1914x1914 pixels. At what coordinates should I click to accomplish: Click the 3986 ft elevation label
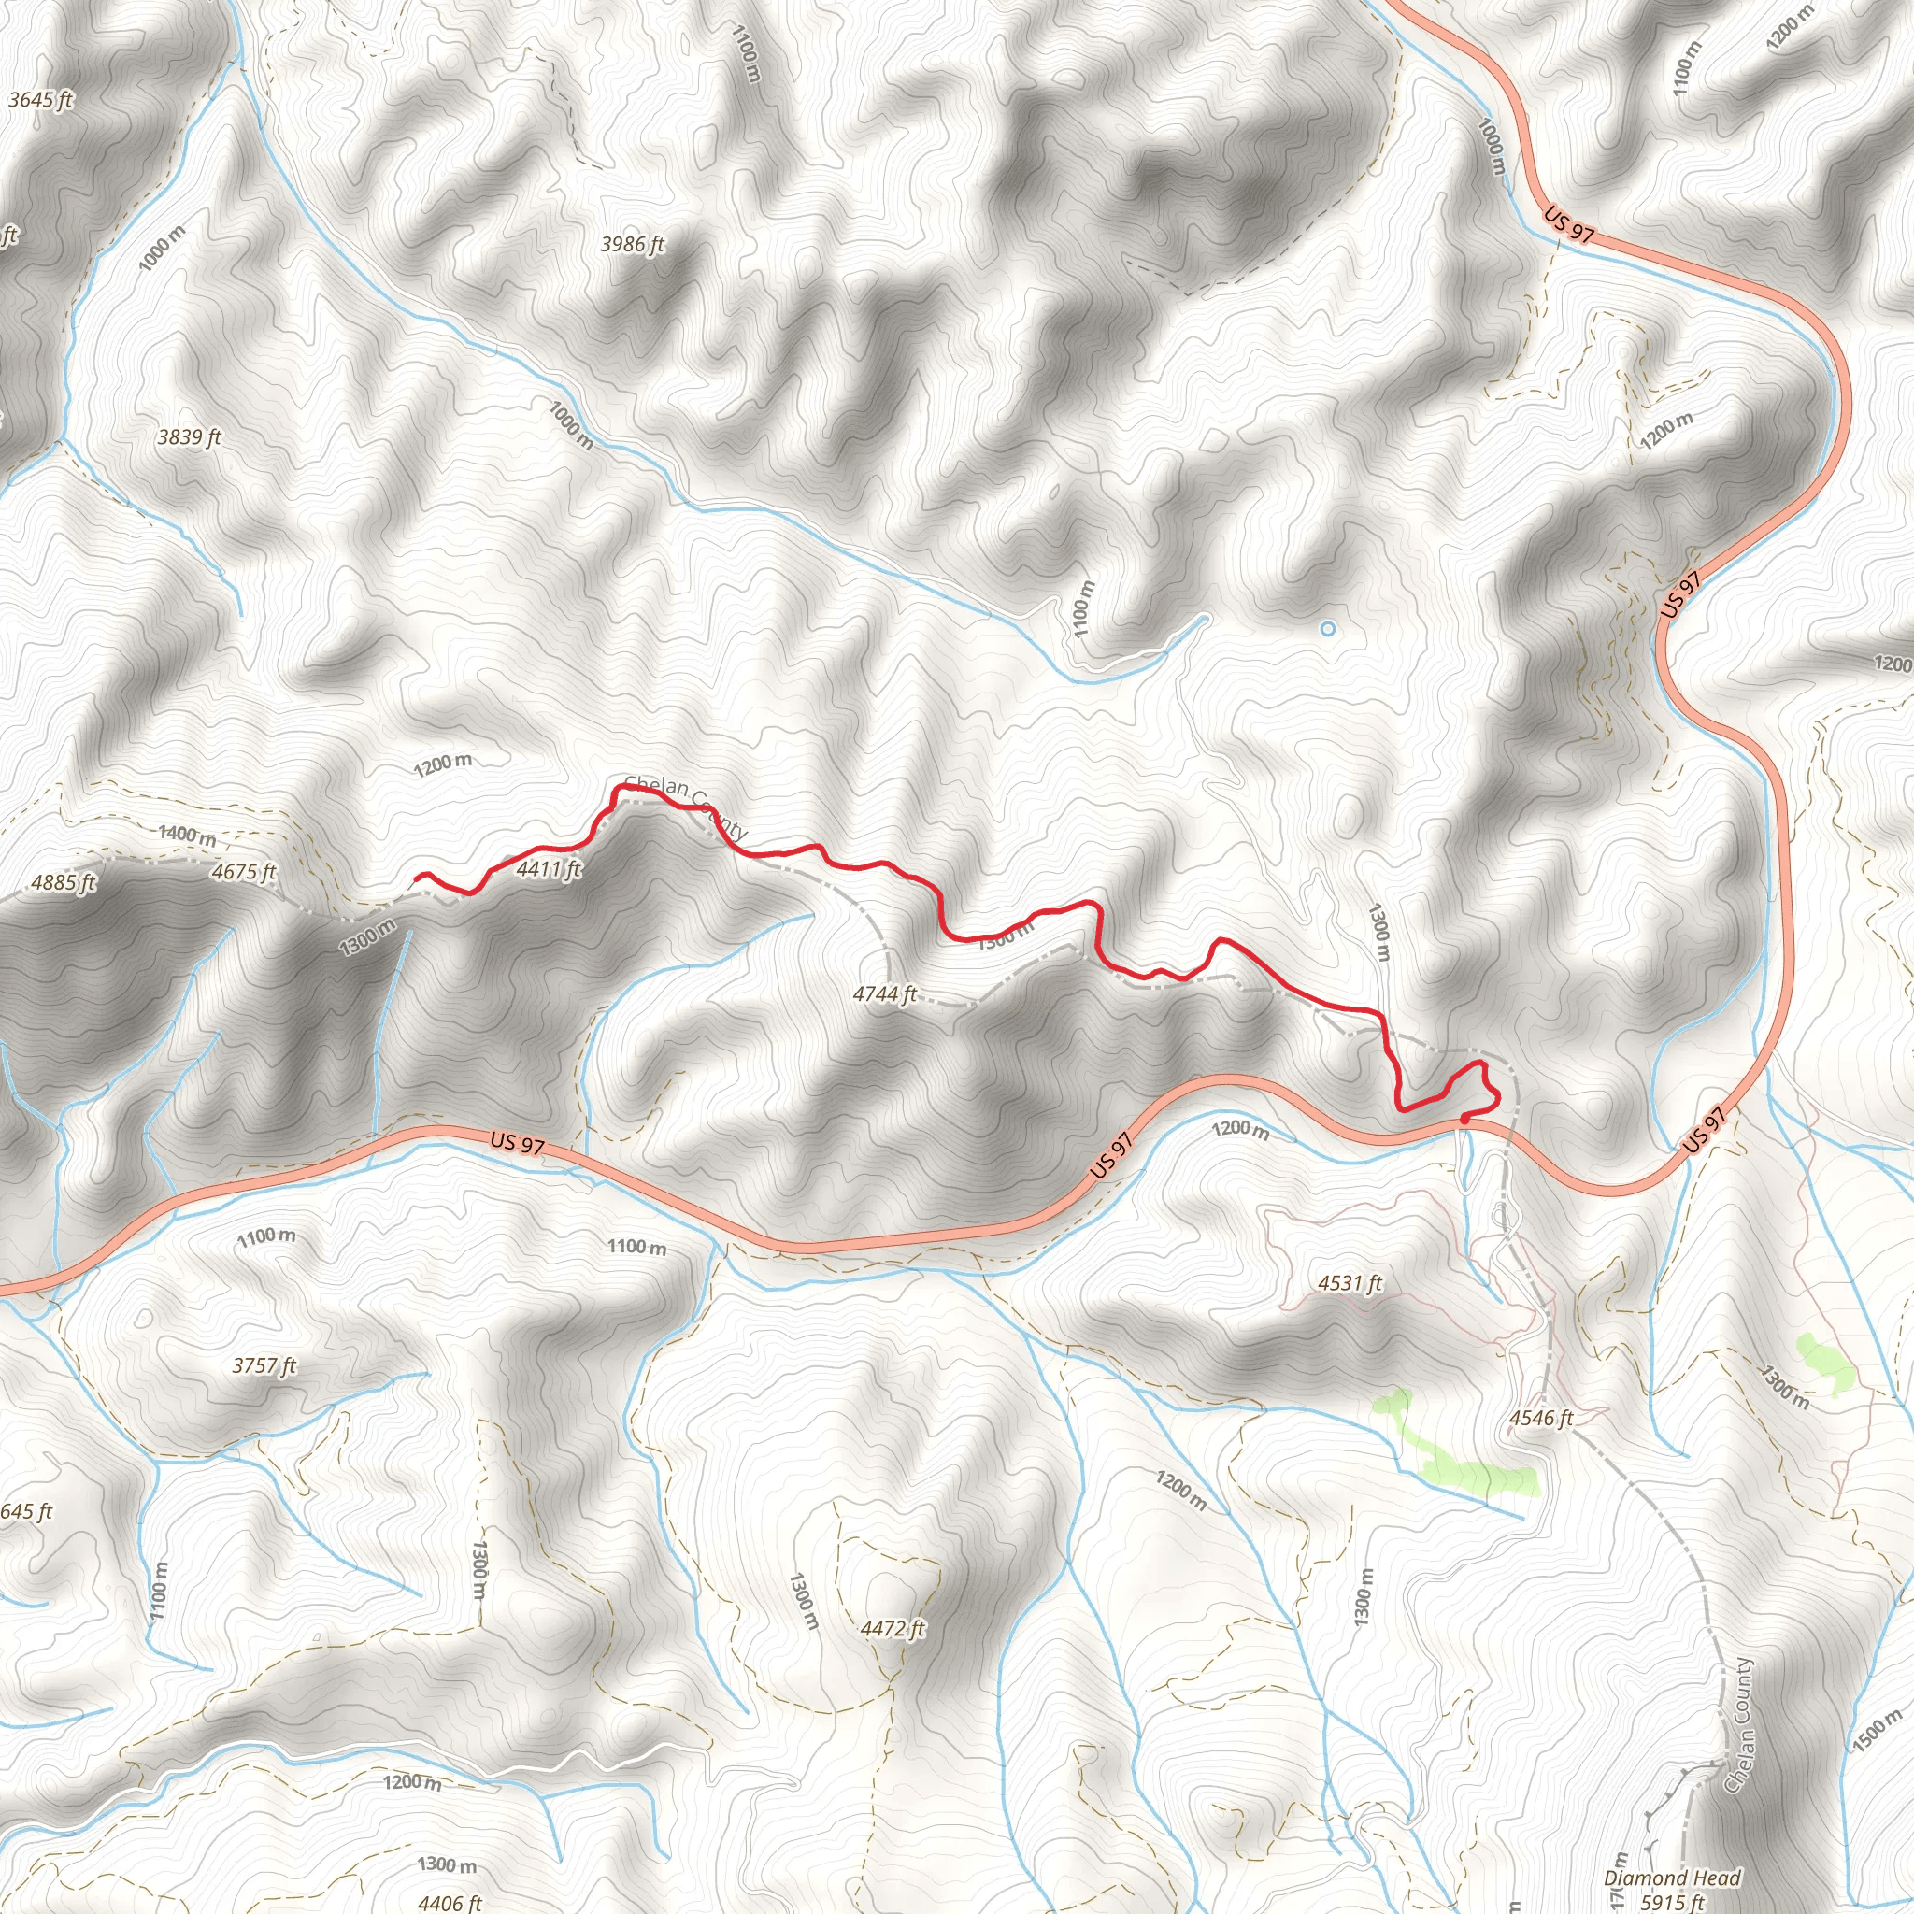(x=632, y=244)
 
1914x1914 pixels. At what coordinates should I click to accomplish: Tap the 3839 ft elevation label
(x=189, y=436)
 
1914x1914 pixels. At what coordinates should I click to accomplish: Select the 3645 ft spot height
(x=40, y=99)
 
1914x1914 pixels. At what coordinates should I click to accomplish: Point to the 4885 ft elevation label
(x=64, y=881)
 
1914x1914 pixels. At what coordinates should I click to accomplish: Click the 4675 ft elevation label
(x=244, y=872)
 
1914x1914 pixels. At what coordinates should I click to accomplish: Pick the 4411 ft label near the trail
(x=549, y=869)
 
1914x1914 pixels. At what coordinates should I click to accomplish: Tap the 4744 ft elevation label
(x=885, y=993)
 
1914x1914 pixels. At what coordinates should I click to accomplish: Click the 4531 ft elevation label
(x=1350, y=1283)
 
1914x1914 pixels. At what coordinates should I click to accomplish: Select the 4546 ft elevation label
(x=1541, y=1418)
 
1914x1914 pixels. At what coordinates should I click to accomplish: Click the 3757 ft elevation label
(x=264, y=1365)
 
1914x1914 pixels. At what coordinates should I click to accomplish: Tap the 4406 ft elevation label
(x=450, y=1902)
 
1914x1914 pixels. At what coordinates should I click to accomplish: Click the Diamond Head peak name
(x=1672, y=1878)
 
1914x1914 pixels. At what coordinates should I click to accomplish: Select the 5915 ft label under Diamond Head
(x=1672, y=1900)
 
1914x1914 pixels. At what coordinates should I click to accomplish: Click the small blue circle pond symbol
(x=1327, y=628)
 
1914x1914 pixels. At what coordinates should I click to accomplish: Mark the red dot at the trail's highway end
(x=1464, y=1120)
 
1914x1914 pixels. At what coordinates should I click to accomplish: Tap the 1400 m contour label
(x=186, y=836)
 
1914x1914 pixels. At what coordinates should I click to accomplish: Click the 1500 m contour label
(x=1876, y=1731)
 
